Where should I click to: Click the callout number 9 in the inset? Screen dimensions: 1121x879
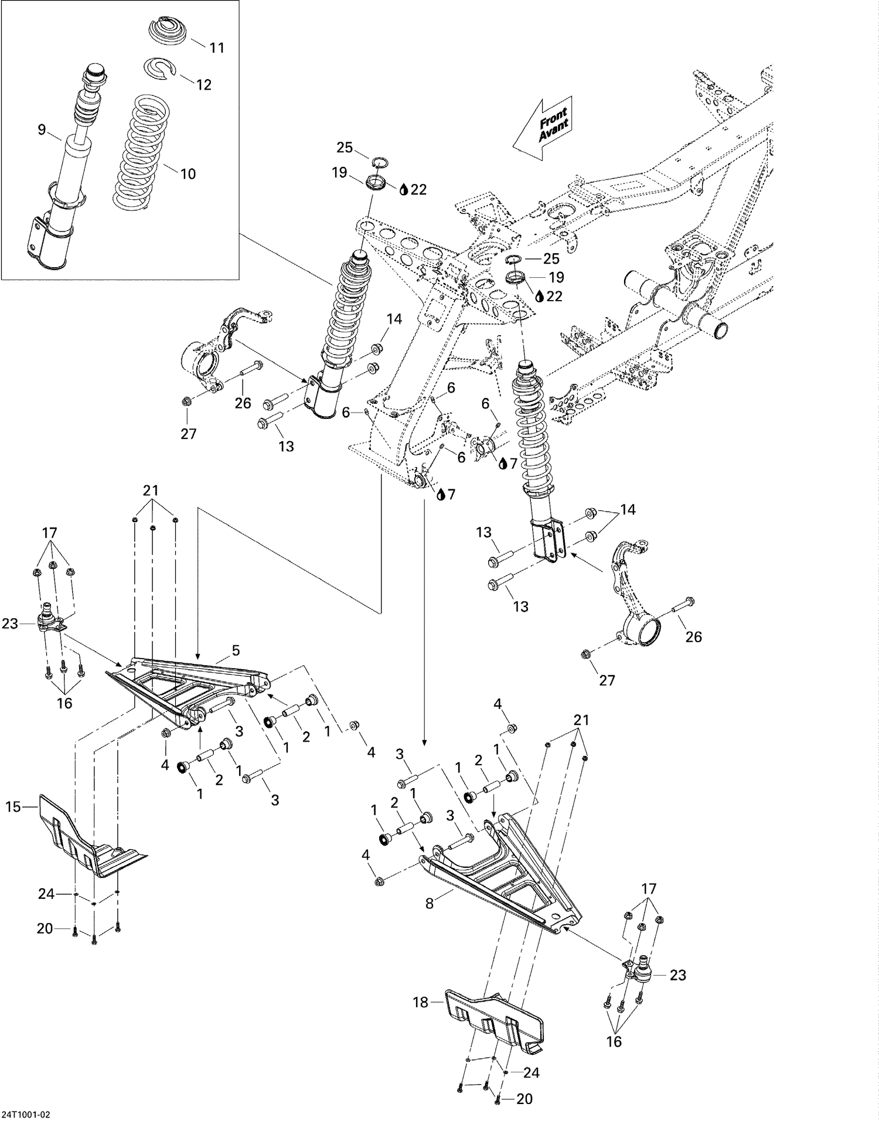tap(42, 130)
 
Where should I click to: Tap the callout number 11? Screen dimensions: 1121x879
tap(217, 48)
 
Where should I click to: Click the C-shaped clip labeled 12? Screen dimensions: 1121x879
tap(161, 67)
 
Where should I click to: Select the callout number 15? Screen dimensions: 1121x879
tap(13, 807)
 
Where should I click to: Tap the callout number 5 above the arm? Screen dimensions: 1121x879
tap(236, 650)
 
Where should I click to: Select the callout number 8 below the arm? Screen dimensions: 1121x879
tap(430, 904)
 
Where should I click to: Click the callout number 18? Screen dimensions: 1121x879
tap(421, 1002)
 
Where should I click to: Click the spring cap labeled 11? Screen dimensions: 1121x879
tap(169, 30)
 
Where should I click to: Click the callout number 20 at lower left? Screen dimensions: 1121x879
tap(45, 928)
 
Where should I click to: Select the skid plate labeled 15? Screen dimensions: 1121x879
tap(88, 838)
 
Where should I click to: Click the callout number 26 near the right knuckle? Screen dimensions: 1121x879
tap(693, 637)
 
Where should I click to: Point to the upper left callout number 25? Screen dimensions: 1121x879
tap(345, 147)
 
